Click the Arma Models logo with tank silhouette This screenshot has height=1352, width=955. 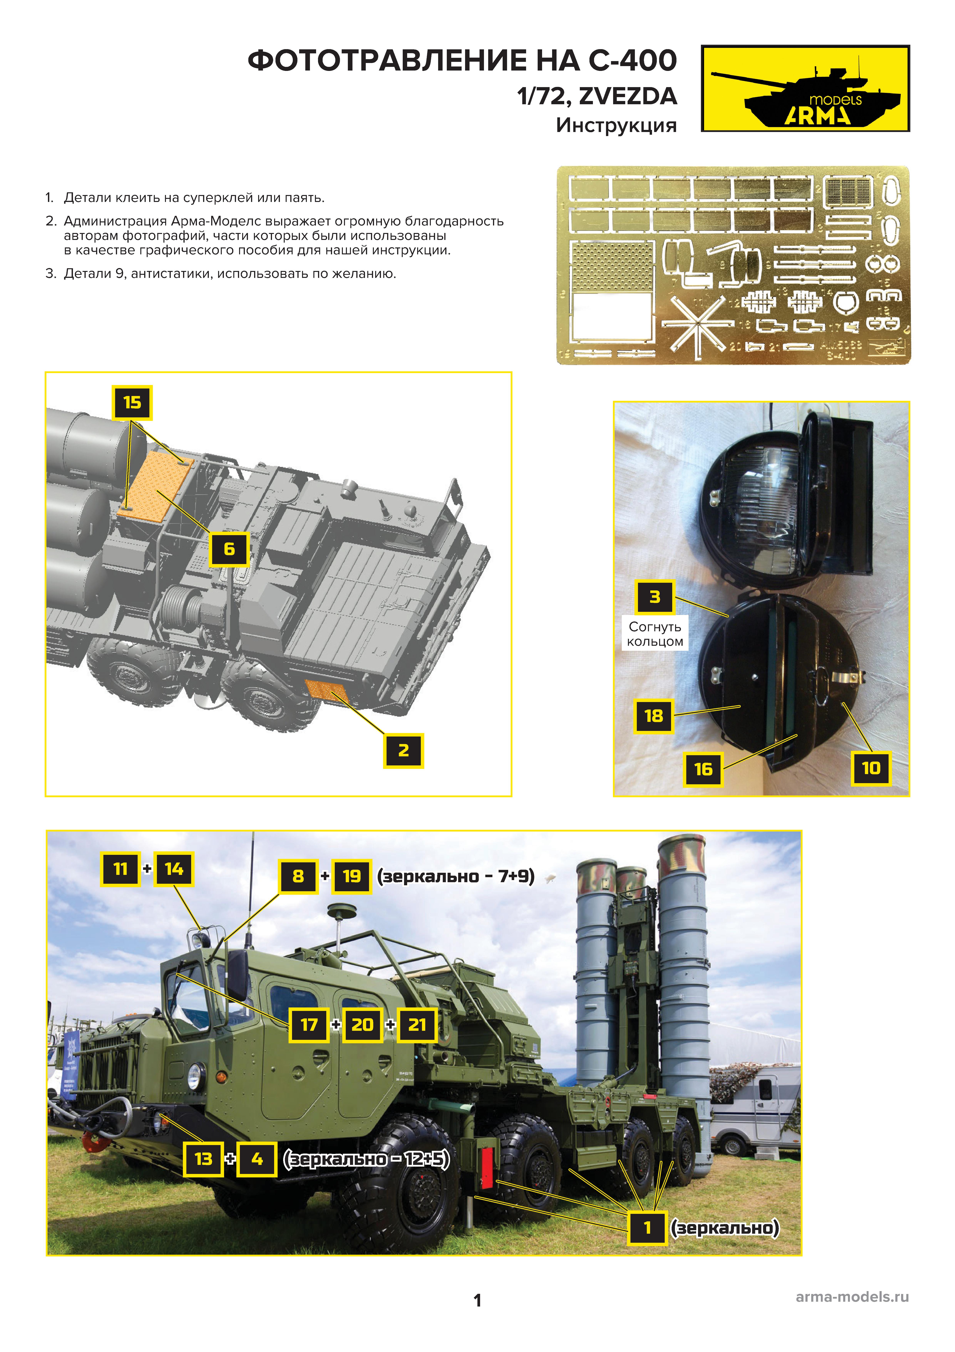(805, 88)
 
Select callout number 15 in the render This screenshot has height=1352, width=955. (132, 403)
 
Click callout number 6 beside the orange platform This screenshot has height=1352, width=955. (229, 549)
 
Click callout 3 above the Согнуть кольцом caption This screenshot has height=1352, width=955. (654, 597)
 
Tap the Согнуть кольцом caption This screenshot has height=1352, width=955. (654, 634)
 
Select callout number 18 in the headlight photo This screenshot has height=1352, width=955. (653, 716)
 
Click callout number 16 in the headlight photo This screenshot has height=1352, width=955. (703, 769)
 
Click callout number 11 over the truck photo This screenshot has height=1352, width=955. (121, 869)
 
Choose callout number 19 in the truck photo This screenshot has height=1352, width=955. (352, 876)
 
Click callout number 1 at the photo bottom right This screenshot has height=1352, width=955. (647, 1228)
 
